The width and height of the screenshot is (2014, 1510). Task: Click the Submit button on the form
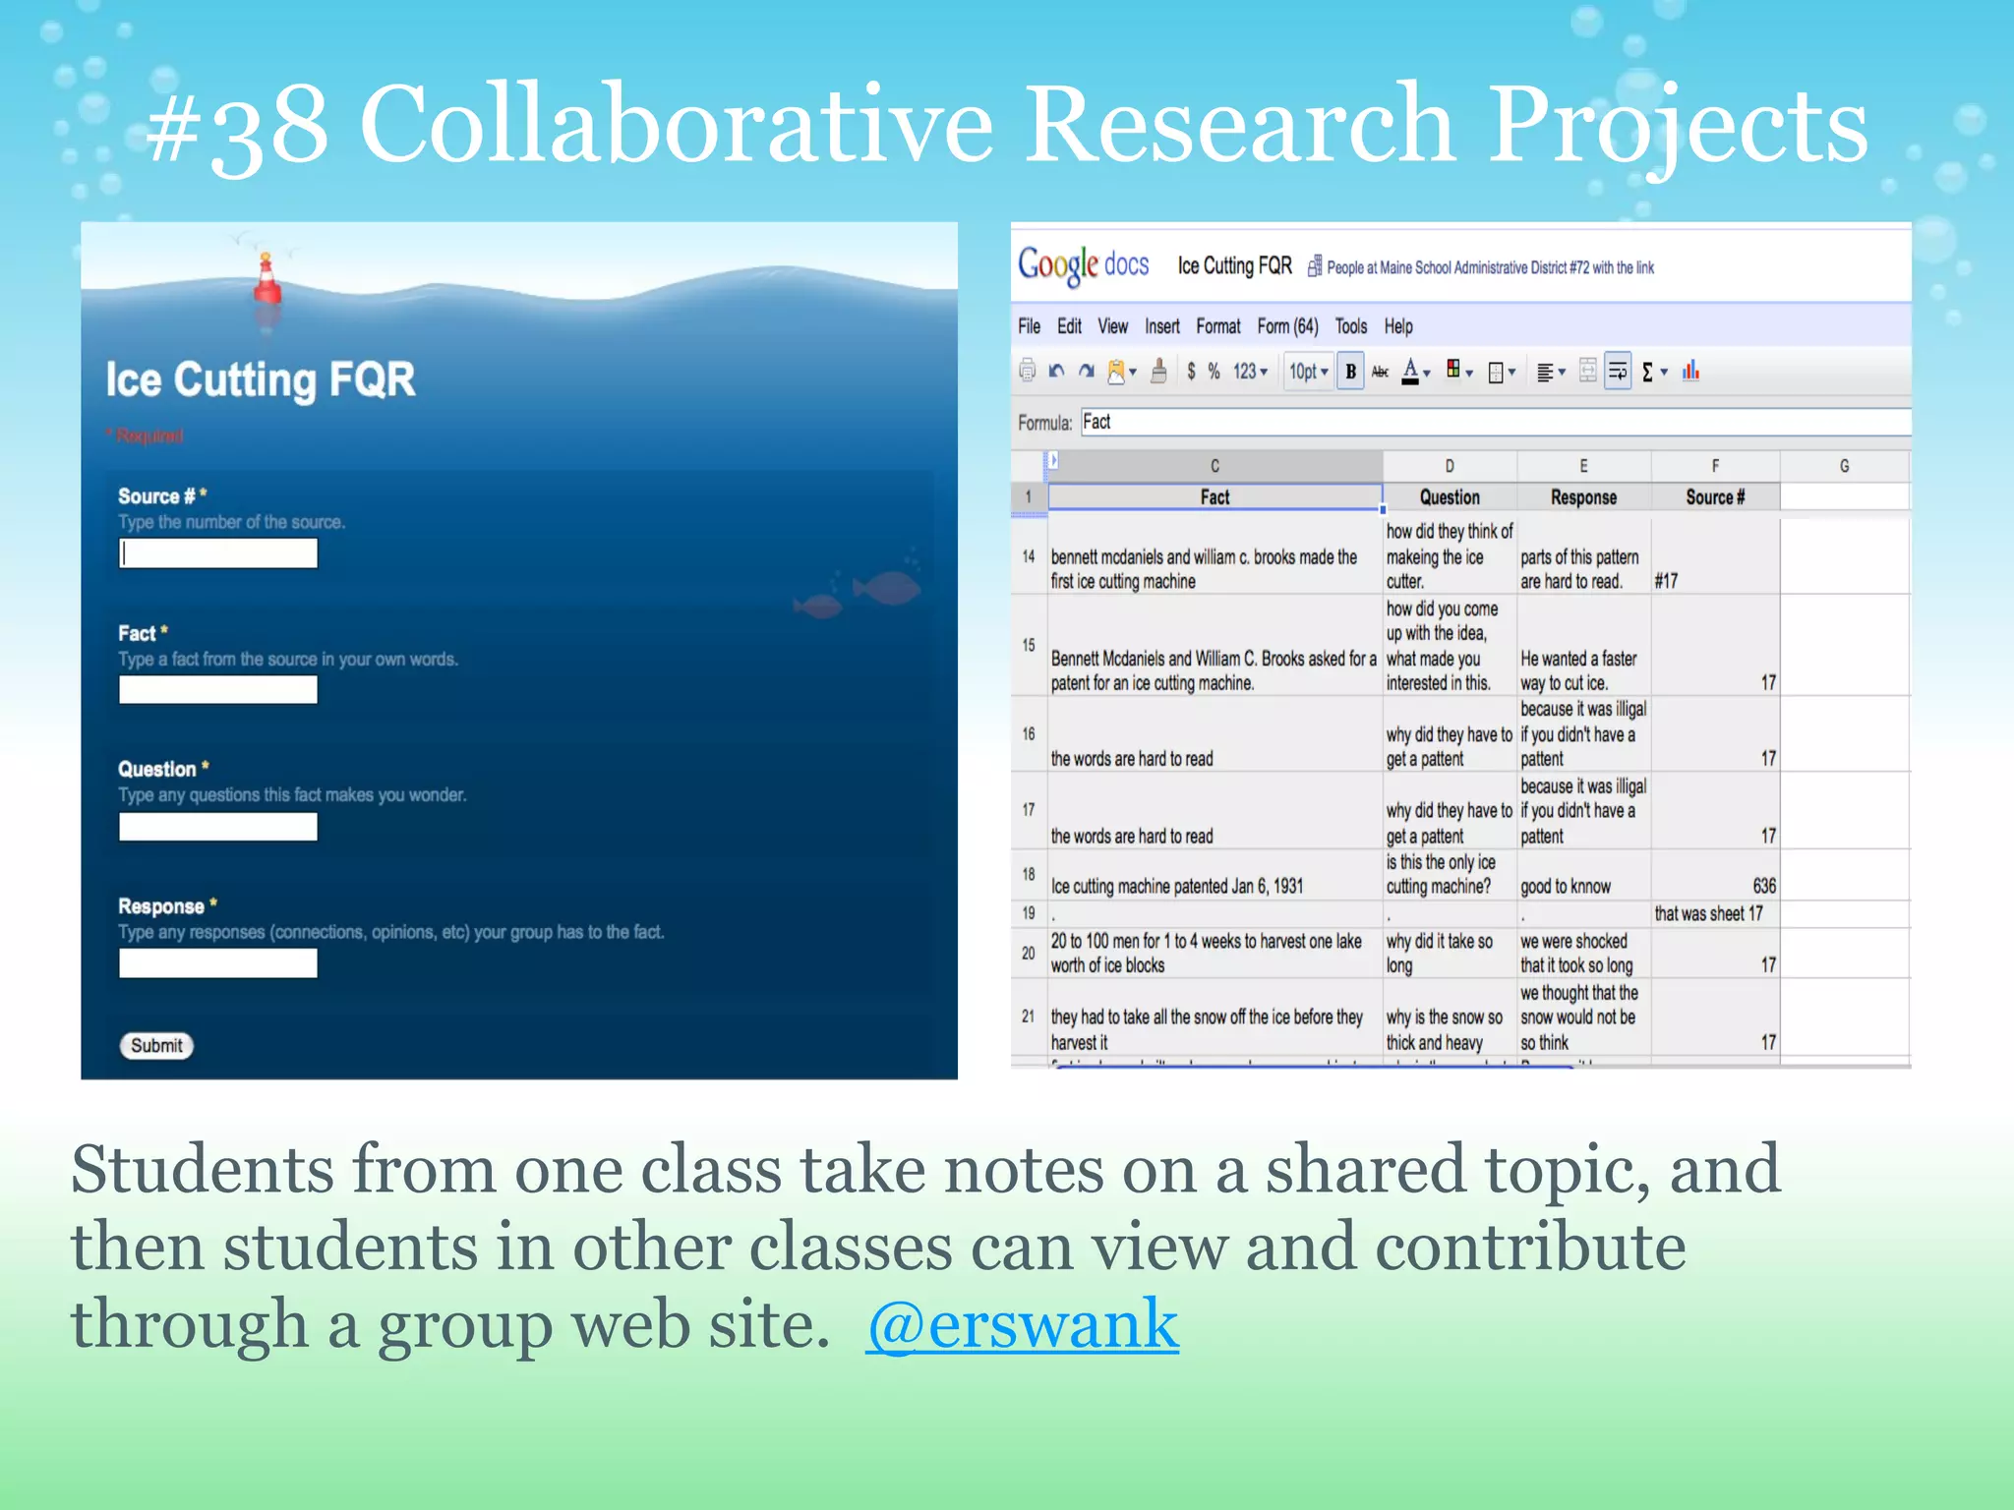pyautogui.click(x=156, y=1045)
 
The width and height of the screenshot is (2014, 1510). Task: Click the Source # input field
pyautogui.click(x=217, y=553)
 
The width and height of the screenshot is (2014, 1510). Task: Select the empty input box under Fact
pyautogui.click(x=217, y=690)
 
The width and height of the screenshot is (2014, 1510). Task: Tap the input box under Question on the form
pyautogui.click(x=217, y=827)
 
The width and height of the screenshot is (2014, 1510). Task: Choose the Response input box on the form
pyautogui.click(x=217, y=963)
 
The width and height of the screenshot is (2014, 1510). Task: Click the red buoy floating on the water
pyautogui.click(x=267, y=280)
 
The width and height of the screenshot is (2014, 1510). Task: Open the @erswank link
pyautogui.click(x=1022, y=1324)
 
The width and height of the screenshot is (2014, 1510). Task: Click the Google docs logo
pyautogui.click(x=1083, y=265)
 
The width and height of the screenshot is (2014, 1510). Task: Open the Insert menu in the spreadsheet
pyautogui.click(x=1161, y=326)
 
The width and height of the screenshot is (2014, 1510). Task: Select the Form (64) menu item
pyautogui.click(x=1287, y=326)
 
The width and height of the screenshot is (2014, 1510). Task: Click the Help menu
pyautogui.click(x=1397, y=326)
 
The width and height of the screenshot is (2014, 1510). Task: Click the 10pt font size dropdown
pyautogui.click(x=1308, y=372)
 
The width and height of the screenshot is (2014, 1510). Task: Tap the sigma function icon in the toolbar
pyautogui.click(x=1648, y=373)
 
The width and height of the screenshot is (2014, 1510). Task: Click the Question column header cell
pyautogui.click(x=1449, y=497)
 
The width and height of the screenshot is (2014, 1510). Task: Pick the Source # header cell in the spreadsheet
pyautogui.click(x=1714, y=497)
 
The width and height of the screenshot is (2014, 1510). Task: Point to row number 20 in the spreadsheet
pyautogui.click(x=1029, y=953)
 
